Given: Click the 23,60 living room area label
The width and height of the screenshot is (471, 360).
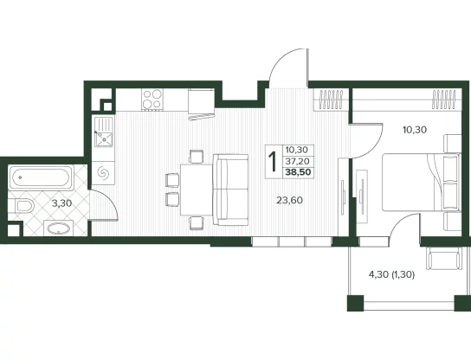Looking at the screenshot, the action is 289,200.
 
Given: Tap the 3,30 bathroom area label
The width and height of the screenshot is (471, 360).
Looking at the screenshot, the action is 61,203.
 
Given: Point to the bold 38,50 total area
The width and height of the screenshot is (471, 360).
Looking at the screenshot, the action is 298,172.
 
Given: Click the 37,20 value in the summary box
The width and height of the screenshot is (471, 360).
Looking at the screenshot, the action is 297,161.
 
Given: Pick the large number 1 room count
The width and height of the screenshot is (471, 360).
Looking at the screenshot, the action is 273,162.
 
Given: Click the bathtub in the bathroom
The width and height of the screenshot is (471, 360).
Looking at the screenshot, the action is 42,177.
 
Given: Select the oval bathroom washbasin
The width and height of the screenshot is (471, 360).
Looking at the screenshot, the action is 59,228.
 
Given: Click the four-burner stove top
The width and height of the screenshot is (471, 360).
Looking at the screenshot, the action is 152,99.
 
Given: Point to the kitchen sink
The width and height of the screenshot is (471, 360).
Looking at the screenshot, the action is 104,132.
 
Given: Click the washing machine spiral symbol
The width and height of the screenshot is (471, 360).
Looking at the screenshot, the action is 103,172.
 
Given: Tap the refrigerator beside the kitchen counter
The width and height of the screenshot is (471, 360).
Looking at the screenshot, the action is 201,104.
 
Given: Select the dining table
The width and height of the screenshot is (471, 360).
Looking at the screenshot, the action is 197,190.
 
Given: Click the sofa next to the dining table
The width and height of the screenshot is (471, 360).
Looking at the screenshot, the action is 230,190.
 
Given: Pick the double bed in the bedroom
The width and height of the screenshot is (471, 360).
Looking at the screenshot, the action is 422,183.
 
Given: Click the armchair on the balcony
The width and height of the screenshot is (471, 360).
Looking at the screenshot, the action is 444,258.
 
